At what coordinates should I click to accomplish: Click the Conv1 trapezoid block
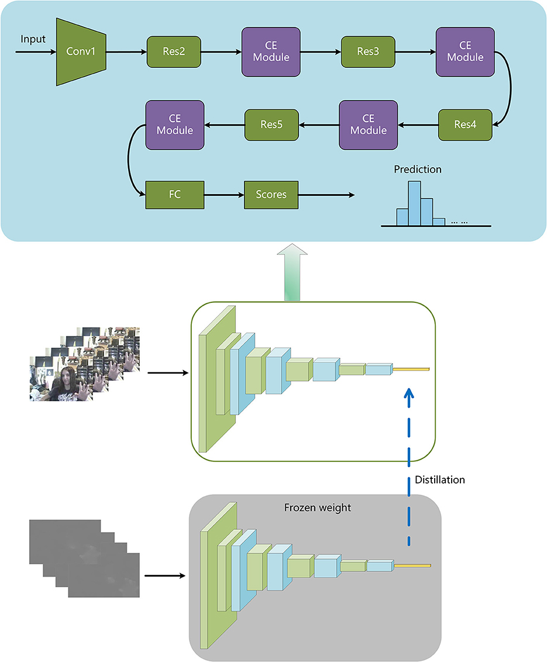point(81,52)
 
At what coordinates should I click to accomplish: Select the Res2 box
point(174,52)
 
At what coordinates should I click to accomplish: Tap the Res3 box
point(368,52)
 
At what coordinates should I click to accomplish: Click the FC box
point(175,194)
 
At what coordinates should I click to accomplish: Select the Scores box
point(271,194)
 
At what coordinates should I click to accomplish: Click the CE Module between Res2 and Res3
point(271,52)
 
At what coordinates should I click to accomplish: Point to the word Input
point(33,39)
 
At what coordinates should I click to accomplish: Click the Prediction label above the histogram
point(418,170)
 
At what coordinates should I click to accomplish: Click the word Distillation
point(439,480)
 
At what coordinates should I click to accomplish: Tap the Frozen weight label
point(318,508)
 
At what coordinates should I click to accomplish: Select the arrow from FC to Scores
point(224,194)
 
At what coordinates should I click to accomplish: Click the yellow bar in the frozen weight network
point(412,566)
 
